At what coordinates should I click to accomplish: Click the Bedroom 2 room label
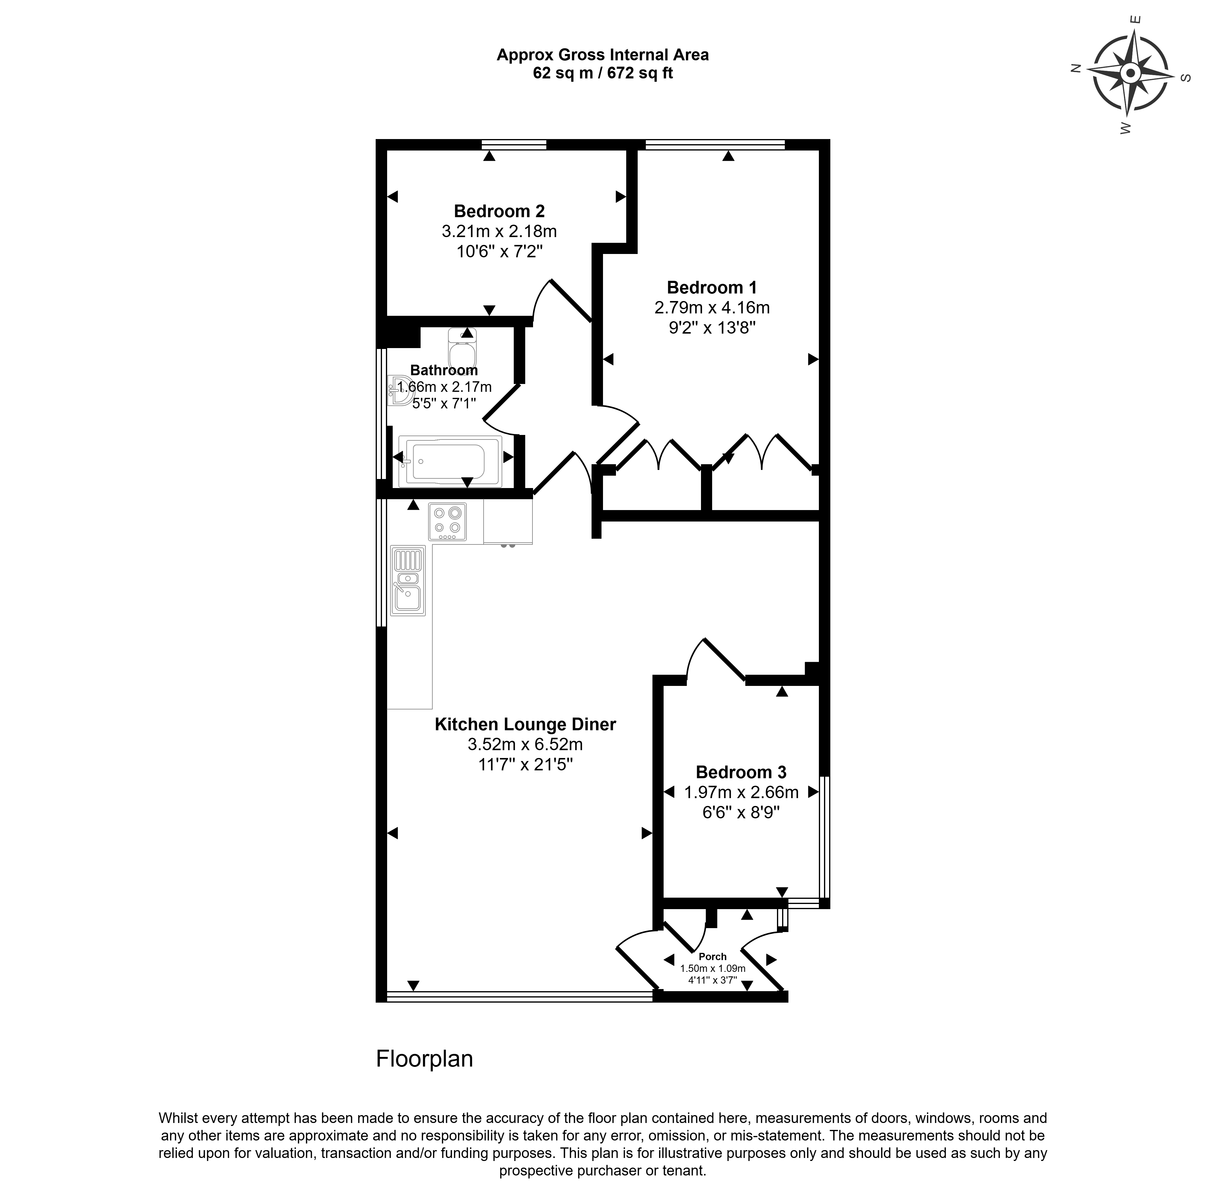499,211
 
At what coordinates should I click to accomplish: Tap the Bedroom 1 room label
712,288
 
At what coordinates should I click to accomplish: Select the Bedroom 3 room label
741,772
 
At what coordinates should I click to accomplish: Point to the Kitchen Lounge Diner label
525,724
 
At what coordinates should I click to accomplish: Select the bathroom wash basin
397,390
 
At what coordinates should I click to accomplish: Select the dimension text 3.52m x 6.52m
525,744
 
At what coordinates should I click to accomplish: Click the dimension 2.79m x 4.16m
712,308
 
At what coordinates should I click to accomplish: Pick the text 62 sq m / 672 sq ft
602,73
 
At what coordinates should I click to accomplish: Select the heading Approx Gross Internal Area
602,55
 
